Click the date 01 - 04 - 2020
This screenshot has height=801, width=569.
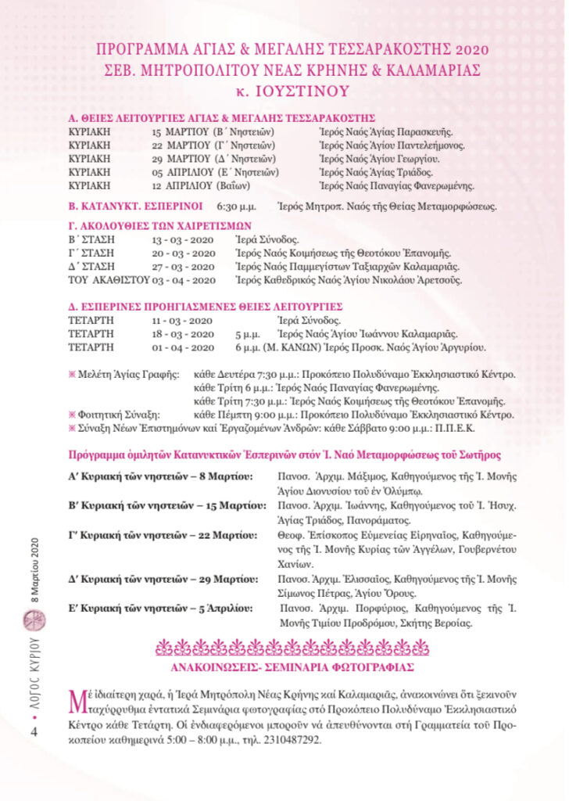coord(184,347)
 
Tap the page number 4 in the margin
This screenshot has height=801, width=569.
coord(34,731)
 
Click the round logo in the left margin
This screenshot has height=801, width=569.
coord(34,620)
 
